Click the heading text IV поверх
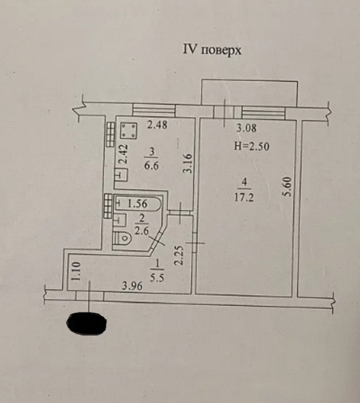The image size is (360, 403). pos(212,50)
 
